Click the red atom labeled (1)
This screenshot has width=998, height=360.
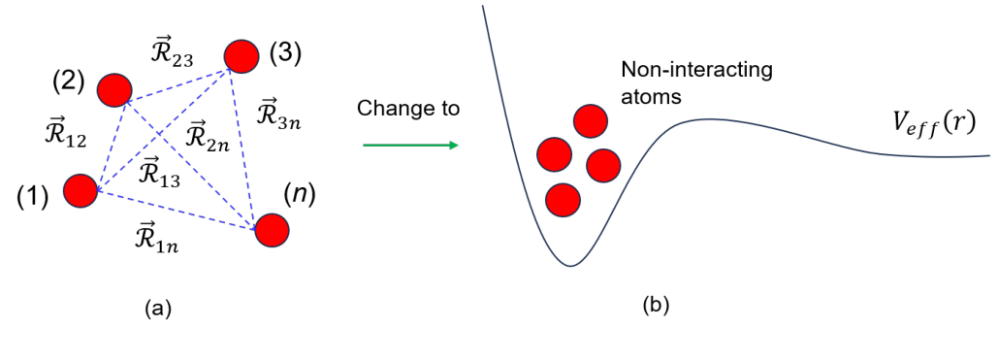(x=80, y=190)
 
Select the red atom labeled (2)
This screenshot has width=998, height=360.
(x=114, y=89)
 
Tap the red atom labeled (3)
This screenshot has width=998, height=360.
(x=241, y=55)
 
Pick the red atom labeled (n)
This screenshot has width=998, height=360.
(x=272, y=230)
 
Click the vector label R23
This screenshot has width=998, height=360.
(x=174, y=53)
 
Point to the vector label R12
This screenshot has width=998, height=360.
(x=65, y=133)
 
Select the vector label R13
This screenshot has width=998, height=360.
(x=161, y=172)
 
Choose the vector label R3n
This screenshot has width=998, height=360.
(x=280, y=115)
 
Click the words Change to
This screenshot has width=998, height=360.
(x=408, y=108)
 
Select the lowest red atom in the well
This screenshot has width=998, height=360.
(x=563, y=199)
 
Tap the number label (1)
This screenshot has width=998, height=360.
(x=33, y=198)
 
